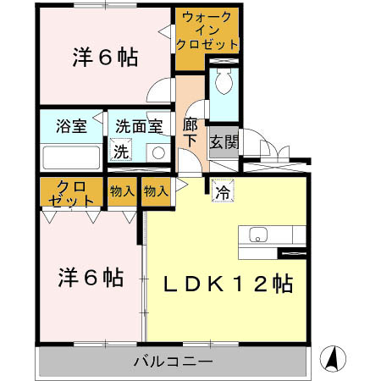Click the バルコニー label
[x=173, y=362]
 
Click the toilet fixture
[x=224, y=83]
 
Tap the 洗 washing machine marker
[x=122, y=152]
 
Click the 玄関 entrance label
[x=224, y=141]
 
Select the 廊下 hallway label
[x=190, y=132]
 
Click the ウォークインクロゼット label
[x=207, y=30]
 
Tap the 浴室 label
[x=71, y=126]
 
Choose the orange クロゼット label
[x=71, y=193]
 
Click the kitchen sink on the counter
[x=257, y=235]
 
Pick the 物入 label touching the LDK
[x=157, y=191]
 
